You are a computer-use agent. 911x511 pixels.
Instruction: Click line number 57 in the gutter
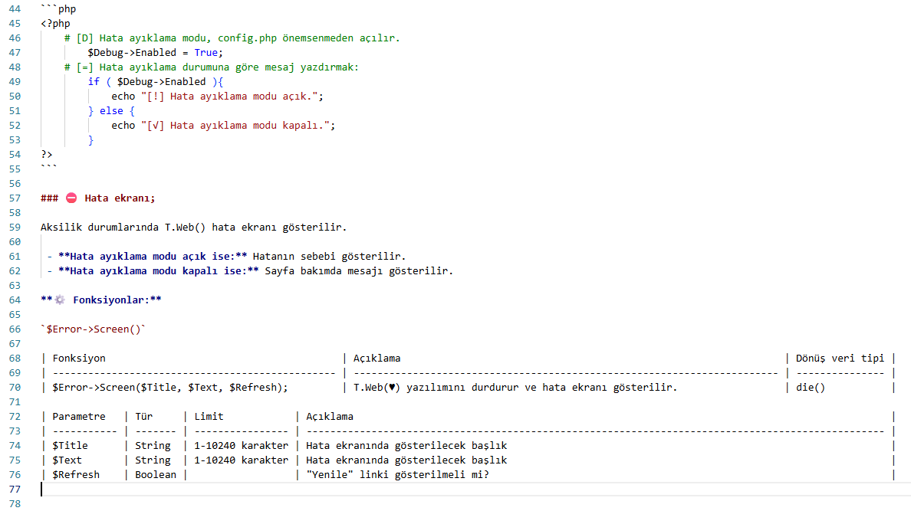[x=15, y=198]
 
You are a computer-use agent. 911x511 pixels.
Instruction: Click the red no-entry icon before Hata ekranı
[x=71, y=198]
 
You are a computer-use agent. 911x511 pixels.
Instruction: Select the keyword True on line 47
[x=206, y=53]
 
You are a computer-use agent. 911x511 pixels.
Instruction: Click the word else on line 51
[x=111, y=111]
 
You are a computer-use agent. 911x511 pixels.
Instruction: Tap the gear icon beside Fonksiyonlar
[x=60, y=300]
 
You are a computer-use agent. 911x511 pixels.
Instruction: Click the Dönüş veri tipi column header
[x=840, y=359]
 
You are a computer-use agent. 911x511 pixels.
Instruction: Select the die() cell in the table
[x=810, y=388]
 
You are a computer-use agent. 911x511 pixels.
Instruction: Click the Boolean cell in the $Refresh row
[x=156, y=474]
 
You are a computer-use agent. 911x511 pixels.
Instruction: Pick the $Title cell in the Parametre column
[x=70, y=445]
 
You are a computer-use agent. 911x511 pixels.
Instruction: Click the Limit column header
[x=209, y=416]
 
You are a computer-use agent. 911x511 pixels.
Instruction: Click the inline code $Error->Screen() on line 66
[x=94, y=329]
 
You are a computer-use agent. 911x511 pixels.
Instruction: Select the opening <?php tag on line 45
[x=55, y=24]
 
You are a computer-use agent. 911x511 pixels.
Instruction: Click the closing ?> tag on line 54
[x=47, y=155]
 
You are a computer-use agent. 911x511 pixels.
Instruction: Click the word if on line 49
[x=94, y=82]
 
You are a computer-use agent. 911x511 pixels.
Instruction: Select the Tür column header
[x=143, y=416]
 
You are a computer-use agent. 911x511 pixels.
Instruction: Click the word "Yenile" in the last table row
[x=330, y=474]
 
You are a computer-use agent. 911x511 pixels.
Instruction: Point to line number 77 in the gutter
[x=15, y=489]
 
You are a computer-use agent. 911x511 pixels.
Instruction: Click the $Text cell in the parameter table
[x=67, y=460]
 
